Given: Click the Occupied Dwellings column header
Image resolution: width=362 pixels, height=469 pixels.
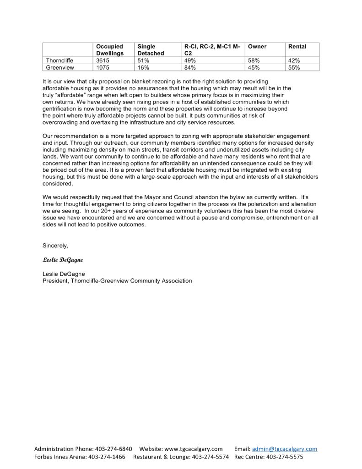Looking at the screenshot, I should tap(109, 50).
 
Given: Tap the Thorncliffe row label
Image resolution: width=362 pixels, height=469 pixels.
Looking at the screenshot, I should tap(60, 60).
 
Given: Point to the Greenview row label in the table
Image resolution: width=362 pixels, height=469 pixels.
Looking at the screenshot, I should tap(60, 67).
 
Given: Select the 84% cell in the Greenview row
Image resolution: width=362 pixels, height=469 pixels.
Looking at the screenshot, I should tap(190, 67).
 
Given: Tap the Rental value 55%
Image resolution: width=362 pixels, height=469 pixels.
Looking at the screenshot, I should tap(294, 67).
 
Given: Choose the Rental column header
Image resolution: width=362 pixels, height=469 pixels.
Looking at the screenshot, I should tap(297, 47).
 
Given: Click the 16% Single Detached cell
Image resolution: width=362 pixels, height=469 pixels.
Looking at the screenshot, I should tap(143, 67).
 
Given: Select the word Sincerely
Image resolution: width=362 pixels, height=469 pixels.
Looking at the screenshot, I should tap(55, 245).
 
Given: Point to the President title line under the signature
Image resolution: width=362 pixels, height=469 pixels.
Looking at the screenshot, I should tap(117, 281).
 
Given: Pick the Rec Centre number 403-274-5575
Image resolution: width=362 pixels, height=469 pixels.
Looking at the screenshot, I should tap(285, 457).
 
